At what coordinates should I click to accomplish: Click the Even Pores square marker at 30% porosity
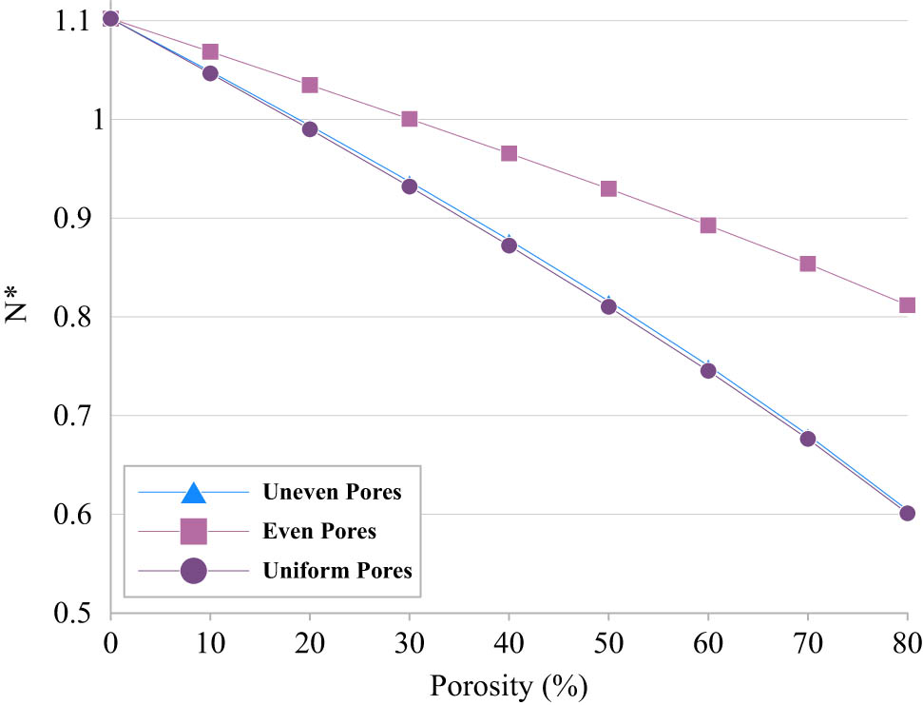coord(410,119)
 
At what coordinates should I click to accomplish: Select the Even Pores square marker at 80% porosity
coord(907,305)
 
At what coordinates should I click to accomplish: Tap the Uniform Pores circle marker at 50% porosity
coord(608,306)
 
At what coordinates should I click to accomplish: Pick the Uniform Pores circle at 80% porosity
coord(907,513)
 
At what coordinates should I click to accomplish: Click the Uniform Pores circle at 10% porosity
coord(210,73)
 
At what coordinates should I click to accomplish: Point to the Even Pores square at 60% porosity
coord(708,225)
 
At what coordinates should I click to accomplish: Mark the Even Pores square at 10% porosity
coord(210,51)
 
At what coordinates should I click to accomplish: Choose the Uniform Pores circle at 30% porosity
coord(410,186)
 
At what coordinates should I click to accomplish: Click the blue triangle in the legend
coord(193,493)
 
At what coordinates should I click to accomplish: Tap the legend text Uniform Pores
coord(337,571)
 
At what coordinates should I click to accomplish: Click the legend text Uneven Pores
coord(332,493)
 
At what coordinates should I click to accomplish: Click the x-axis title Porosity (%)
coord(509,685)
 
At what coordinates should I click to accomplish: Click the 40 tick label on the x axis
coord(509,643)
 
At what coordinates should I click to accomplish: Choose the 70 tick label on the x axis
coord(807,643)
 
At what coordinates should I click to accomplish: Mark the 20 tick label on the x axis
coord(310,643)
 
